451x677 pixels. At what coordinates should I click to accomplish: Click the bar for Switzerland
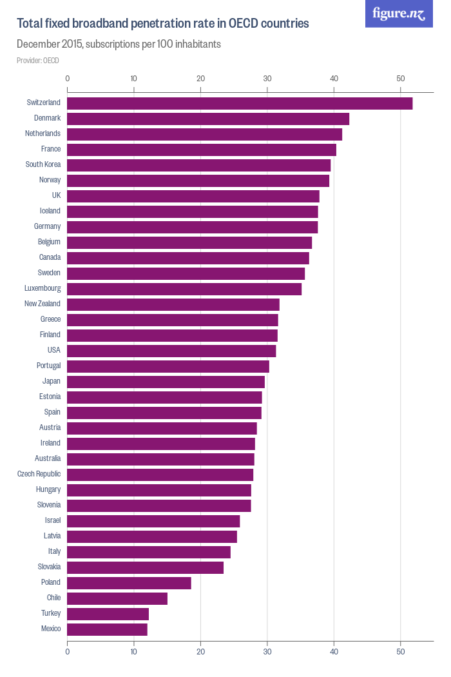(240, 103)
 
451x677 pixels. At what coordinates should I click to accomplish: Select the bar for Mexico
(107, 629)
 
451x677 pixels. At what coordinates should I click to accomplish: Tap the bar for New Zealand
(173, 304)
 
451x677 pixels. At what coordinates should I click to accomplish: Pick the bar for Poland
(129, 583)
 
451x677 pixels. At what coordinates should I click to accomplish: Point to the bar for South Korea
(198, 165)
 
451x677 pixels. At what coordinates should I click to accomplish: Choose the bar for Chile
(117, 598)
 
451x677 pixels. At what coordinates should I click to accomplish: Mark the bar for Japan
(166, 382)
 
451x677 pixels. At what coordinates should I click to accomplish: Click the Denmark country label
(47, 118)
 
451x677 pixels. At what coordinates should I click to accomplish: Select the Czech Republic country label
(39, 474)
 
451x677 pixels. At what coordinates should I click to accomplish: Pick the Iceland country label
(50, 211)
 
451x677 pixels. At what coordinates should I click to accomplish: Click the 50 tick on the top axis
(400, 79)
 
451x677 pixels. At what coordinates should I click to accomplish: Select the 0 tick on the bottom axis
(67, 651)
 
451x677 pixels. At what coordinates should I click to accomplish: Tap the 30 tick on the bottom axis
(267, 651)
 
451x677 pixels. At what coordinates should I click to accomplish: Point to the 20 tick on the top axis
(200, 79)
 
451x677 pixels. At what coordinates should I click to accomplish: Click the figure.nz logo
(399, 14)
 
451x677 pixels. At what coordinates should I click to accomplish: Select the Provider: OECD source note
(37, 61)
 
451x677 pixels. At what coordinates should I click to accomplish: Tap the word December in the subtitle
(38, 44)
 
